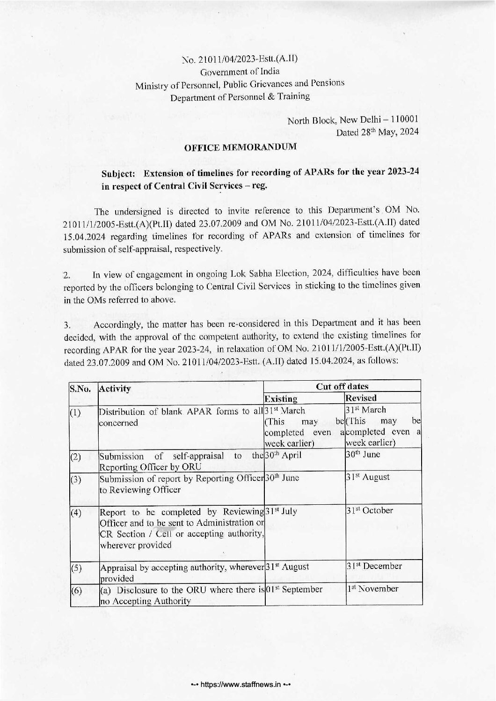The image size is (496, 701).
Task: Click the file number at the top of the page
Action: [240, 59]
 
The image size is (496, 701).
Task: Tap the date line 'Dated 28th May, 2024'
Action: [378, 132]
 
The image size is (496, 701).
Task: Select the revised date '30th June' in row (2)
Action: [363, 455]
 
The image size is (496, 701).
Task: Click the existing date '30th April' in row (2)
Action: [284, 455]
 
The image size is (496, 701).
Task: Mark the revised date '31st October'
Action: [370, 510]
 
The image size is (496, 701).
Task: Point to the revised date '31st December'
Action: [374, 566]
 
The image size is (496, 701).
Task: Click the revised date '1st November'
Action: [372, 589]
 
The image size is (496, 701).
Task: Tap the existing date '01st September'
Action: [294, 589]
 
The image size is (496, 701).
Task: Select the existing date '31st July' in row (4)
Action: [281, 510]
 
